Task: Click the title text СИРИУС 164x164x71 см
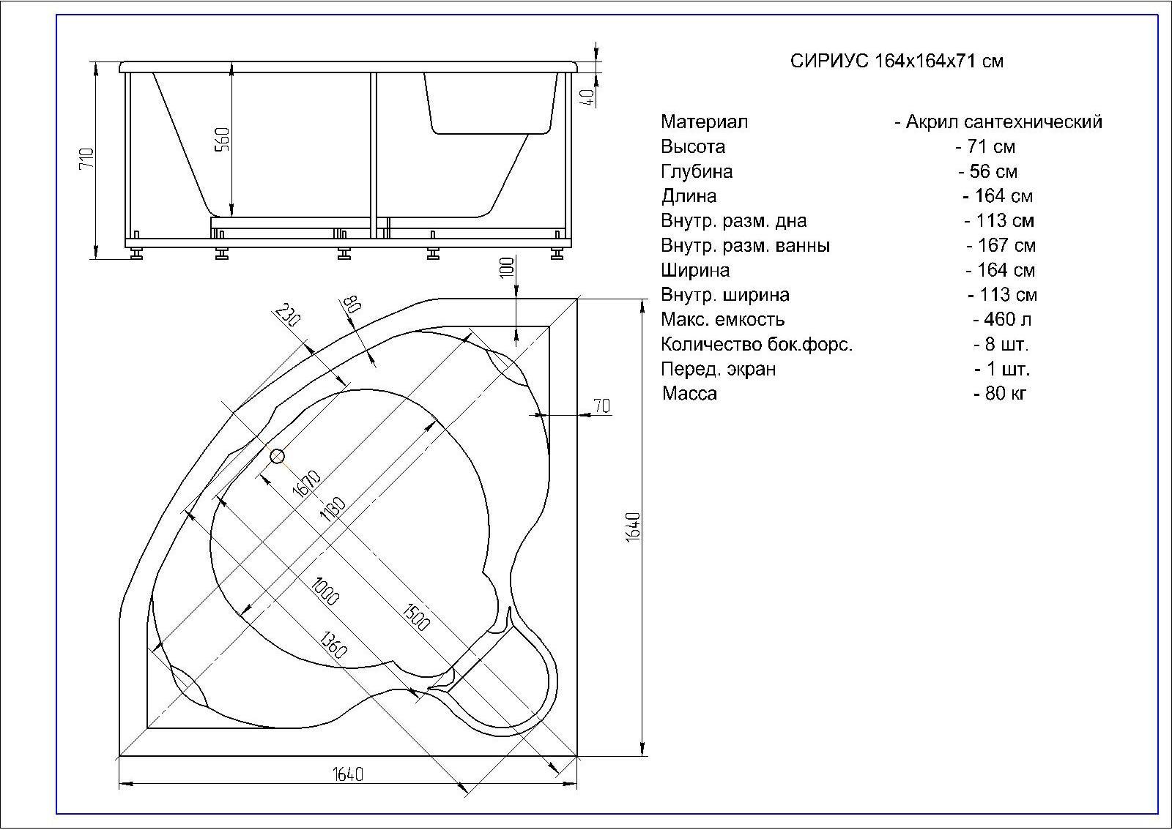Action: (897, 61)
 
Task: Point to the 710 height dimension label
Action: (87, 158)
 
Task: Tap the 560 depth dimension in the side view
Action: (223, 139)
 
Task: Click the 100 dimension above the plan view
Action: (507, 268)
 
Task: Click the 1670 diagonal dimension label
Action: (307, 484)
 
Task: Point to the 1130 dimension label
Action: (333, 509)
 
